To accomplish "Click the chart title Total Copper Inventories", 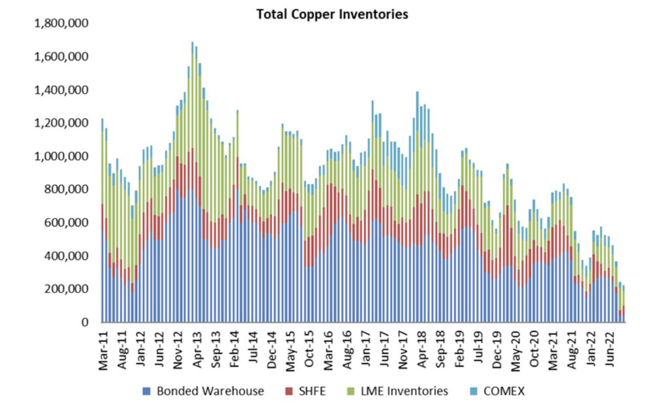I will [x=332, y=15].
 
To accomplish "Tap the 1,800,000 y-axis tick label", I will [x=62, y=23].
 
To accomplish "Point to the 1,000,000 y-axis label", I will [x=62, y=156].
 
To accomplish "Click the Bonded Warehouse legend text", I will [x=210, y=391].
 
